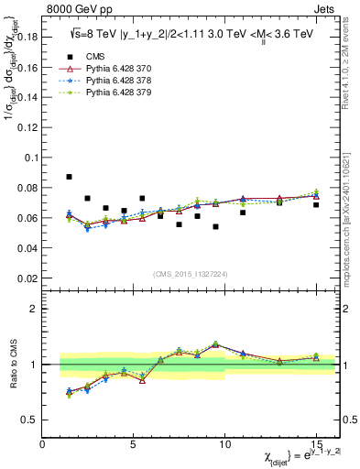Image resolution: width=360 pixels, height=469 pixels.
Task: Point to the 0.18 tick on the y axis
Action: coord(27,37)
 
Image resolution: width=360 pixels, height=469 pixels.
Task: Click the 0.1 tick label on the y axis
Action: coord(30,158)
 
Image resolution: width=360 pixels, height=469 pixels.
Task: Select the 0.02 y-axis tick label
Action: coord(27,278)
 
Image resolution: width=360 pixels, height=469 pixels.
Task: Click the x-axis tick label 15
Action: coord(316,444)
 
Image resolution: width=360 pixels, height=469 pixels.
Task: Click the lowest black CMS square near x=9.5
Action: coord(215,226)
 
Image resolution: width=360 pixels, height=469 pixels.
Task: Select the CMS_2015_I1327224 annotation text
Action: coord(189,273)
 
